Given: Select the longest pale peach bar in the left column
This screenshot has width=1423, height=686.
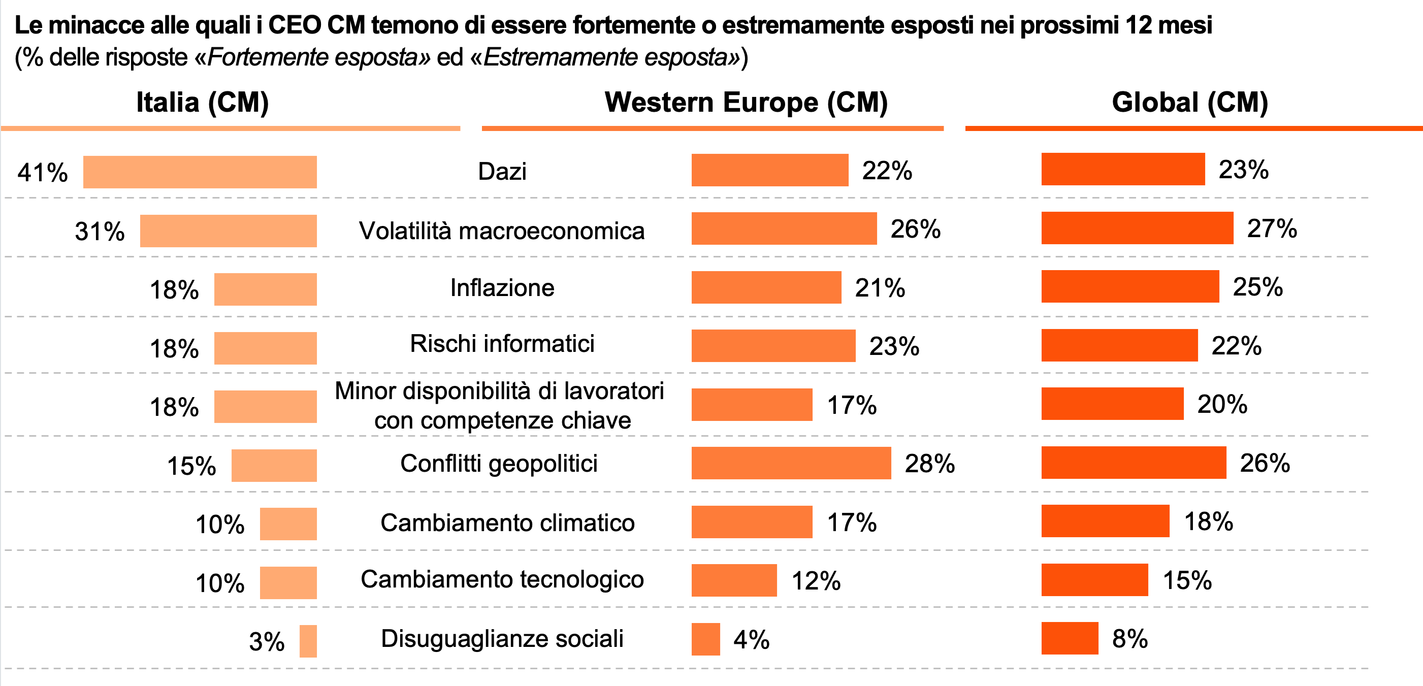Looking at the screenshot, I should pyautogui.click(x=200, y=172).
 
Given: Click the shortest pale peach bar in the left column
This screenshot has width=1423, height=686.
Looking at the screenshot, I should pyautogui.click(x=308, y=641).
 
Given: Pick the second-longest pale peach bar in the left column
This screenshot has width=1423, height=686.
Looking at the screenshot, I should pyautogui.click(x=229, y=231).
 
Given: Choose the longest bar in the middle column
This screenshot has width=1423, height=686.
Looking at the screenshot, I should pyautogui.click(x=791, y=462).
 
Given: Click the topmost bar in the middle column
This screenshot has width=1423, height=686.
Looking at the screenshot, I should pyautogui.click(x=769, y=170).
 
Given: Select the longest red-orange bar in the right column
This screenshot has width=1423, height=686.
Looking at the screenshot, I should pyautogui.click(x=1137, y=227).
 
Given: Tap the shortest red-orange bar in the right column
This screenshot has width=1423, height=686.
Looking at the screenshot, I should pyautogui.click(x=1070, y=638).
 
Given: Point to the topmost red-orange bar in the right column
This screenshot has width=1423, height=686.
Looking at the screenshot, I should pyautogui.click(x=1123, y=169).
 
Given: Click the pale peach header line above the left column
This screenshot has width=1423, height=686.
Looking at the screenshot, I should pyautogui.click(x=231, y=128).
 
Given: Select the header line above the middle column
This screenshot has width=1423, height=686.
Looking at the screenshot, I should pyautogui.click(x=712, y=128).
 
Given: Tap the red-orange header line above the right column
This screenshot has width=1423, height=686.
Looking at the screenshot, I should pyautogui.click(x=1193, y=128).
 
